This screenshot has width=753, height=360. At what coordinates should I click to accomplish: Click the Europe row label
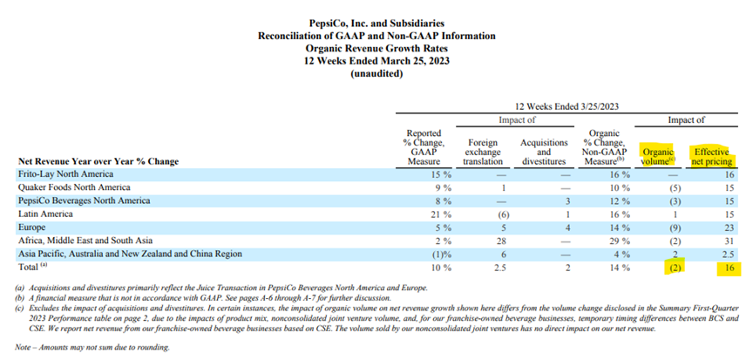(32, 227)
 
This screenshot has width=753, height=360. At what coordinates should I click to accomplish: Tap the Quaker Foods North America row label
(74, 187)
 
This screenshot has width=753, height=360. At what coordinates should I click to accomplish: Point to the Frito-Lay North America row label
(66, 173)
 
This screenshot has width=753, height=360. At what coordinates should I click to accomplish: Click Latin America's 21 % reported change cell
(441, 214)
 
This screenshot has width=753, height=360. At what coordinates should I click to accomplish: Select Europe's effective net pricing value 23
(728, 227)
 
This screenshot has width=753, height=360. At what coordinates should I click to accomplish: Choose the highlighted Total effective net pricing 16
(728, 268)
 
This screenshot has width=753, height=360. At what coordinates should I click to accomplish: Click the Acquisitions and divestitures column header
(544, 153)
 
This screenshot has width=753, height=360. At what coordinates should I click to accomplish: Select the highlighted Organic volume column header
(658, 157)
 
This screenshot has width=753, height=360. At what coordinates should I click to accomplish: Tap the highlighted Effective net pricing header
(711, 157)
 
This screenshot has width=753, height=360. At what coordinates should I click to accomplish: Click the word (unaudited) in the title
(376, 74)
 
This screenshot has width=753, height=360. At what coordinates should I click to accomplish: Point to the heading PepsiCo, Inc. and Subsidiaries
(376, 23)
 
